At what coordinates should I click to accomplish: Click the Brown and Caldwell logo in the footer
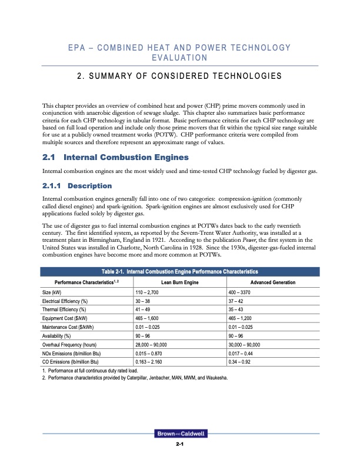point(179,434)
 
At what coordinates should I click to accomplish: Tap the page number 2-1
point(180,444)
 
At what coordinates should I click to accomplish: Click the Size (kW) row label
point(53,292)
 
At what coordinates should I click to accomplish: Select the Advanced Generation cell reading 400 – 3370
point(243,292)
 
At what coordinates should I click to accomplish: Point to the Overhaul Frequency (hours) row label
point(71,345)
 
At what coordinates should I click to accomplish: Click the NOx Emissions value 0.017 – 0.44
point(241,354)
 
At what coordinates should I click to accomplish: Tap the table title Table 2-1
point(179,271)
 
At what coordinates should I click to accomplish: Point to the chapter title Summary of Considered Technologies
point(180,76)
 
